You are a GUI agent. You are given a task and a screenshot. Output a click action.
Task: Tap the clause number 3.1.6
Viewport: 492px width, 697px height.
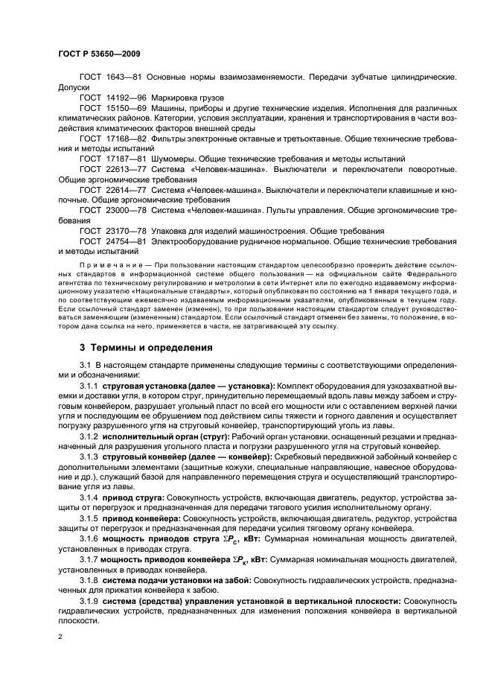(89, 538)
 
